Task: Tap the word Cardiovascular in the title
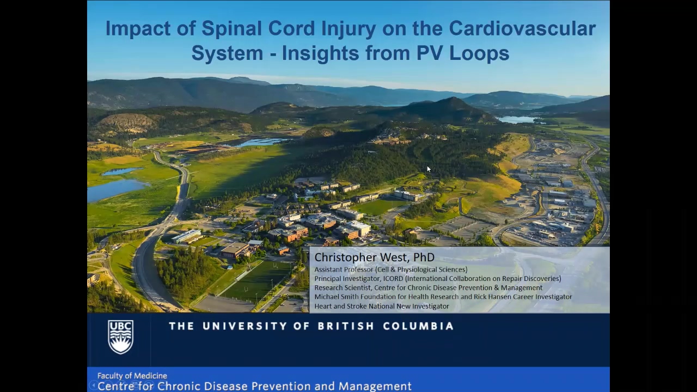point(522,29)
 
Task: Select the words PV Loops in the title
point(463,54)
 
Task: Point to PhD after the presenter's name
point(424,258)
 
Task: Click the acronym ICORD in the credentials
point(393,279)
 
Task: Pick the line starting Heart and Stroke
point(382,306)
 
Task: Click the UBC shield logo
point(121,337)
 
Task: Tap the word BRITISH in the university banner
point(346,326)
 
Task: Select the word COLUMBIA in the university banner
point(418,326)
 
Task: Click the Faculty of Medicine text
point(132,376)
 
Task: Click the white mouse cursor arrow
point(429,169)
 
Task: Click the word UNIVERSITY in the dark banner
point(252,326)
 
